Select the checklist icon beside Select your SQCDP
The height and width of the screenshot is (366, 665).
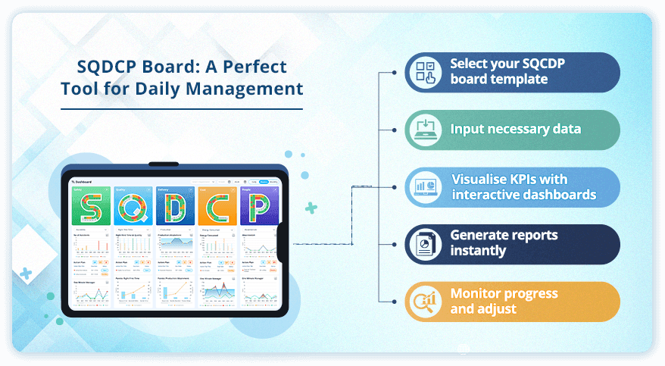[x=424, y=72]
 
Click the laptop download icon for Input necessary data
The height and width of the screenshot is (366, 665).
[x=424, y=130]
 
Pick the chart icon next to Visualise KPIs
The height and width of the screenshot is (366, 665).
[x=424, y=187]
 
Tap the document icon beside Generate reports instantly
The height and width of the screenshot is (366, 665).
[x=424, y=244]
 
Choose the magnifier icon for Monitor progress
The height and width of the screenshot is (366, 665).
[x=424, y=302]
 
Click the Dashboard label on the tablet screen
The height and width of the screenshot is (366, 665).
[x=85, y=182]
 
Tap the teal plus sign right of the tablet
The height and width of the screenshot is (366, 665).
[x=311, y=207]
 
